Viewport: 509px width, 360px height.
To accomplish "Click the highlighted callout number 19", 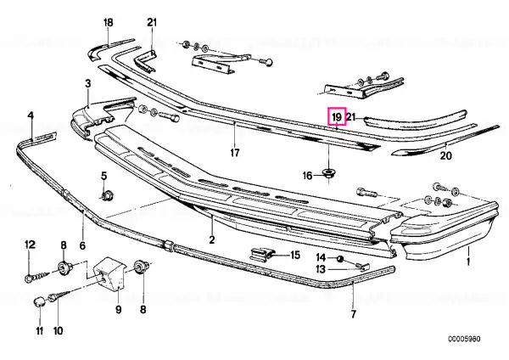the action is tap(337, 116).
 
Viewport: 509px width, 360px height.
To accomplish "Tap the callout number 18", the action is tap(108, 22).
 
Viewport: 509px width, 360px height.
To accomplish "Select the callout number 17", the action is tap(235, 152).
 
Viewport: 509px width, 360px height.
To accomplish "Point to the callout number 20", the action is tap(445, 155).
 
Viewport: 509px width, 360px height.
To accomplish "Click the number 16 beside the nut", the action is tap(307, 176).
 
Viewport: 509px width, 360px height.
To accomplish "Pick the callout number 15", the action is tap(294, 255).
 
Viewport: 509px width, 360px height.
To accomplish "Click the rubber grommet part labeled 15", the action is tap(261, 254).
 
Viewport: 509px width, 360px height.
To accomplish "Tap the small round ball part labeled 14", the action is tap(340, 259).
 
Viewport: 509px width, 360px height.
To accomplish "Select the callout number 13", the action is tap(321, 269).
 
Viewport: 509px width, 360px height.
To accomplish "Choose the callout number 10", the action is tap(58, 331).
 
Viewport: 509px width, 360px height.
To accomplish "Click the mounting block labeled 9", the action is tap(109, 273).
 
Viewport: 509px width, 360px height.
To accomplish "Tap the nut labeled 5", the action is tap(106, 196).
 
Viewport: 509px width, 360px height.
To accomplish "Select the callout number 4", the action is tap(31, 115).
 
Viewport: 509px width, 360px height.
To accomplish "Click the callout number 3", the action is tap(88, 84).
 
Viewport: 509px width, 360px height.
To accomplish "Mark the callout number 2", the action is tap(211, 240).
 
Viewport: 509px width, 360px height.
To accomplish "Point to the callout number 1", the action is tap(468, 262).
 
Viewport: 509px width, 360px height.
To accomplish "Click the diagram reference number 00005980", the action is tap(464, 340).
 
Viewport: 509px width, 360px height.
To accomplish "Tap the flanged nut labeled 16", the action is tap(329, 173).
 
